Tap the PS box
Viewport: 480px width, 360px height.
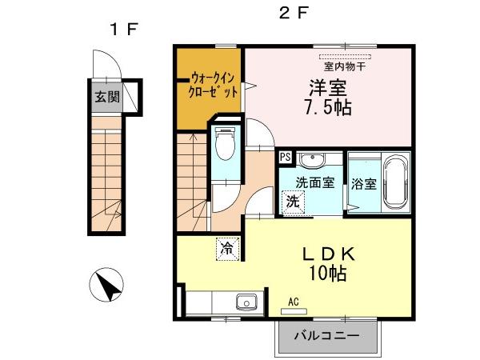[285, 158]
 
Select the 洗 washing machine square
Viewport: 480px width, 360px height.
[294, 202]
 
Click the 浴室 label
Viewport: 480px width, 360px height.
[365, 184]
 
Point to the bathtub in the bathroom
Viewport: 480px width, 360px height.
[396, 182]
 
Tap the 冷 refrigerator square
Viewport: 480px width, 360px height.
[227, 249]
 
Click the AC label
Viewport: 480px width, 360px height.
[294, 302]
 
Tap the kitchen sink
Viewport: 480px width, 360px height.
[244, 302]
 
